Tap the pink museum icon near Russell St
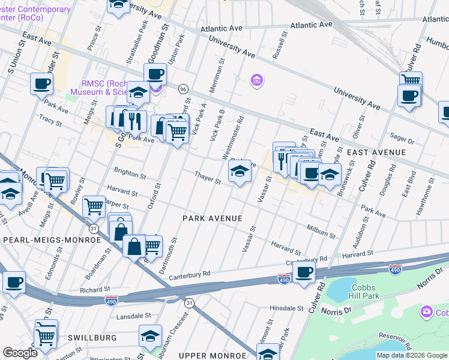click(256, 80)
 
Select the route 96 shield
click(183, 89)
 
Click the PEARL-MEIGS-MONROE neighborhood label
click(52, 240)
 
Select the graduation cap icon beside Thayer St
click(240, 173)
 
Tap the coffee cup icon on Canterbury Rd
click(305, 272)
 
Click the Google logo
click(20, 353)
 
